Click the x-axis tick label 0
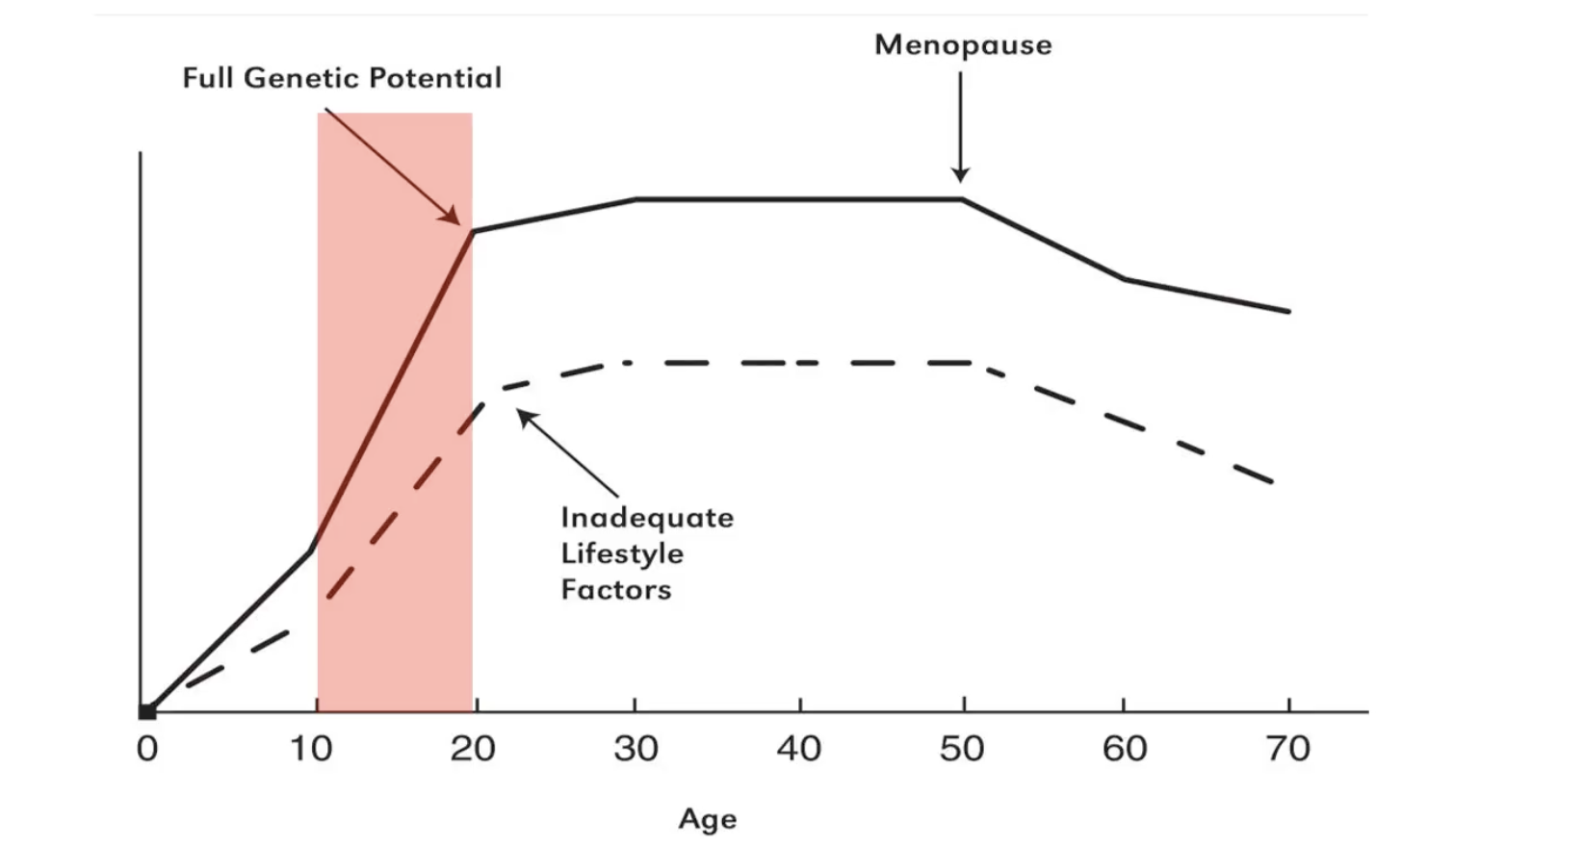tap(147, 748)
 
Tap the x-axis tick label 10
tap(311, 748)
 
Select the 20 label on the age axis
tap(473, 748)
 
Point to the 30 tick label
tap(636, 748)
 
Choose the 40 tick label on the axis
tap(799, 748)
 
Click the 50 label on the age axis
tap(962, 748)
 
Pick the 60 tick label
tap(1125, 748)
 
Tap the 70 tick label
tap(1287, 748)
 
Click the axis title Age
tap(708, 819)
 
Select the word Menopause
tap(963, 44)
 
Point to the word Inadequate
tap(647, 518)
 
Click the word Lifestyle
tap(622, 553)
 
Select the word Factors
tap(616, 589)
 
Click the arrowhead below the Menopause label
tap(960, 175)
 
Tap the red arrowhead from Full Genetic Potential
tap(452, 217)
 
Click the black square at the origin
tap(147, 712)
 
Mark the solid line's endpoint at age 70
tap(1287, 311)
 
